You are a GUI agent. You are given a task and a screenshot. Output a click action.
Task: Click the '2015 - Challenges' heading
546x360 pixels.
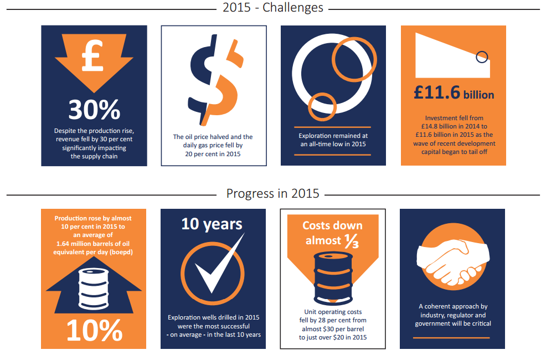(x=273, y=7)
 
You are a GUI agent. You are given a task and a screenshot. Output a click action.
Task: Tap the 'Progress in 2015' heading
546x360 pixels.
(x=272, y=194)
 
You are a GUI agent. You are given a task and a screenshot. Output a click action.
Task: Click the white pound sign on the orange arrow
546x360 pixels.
(x=92, y=55)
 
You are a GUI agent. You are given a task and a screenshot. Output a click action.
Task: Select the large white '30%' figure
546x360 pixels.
(x=94, y=110)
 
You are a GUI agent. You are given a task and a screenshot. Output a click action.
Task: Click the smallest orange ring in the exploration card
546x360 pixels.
(x=322, y=107)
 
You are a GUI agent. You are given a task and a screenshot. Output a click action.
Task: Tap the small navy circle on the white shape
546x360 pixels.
(x=482, y=57)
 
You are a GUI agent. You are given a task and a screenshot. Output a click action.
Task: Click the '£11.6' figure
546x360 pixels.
(x=437, y=92)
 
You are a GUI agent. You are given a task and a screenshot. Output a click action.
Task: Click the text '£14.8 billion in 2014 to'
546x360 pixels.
(x=454, y=126)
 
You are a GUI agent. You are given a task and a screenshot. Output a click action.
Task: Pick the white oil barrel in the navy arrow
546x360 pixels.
(x=94, y=289)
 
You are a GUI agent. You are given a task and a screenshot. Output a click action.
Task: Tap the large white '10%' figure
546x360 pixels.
(x=94, y=330)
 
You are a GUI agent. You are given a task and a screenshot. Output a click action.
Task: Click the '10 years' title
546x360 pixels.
(x=212, y=224)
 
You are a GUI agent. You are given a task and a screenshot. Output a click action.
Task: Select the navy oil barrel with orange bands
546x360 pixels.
(x=333, y=279)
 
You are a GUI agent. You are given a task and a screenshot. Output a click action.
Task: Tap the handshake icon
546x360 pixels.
(x=453, y=261)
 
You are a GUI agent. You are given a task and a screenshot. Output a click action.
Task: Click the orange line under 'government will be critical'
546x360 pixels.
(x=451, y=338)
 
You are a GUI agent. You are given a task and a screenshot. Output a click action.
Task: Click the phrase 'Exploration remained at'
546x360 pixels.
(x=333, y=136)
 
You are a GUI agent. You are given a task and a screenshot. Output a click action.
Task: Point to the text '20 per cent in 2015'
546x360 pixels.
(x=213, y=154)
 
